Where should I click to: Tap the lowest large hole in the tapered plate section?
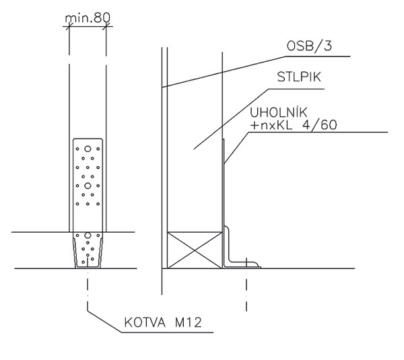coord(87,236)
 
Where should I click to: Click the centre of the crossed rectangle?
coord(195,250)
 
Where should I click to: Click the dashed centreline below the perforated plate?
coord(87,289)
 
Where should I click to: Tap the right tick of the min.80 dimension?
coord(106,27)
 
